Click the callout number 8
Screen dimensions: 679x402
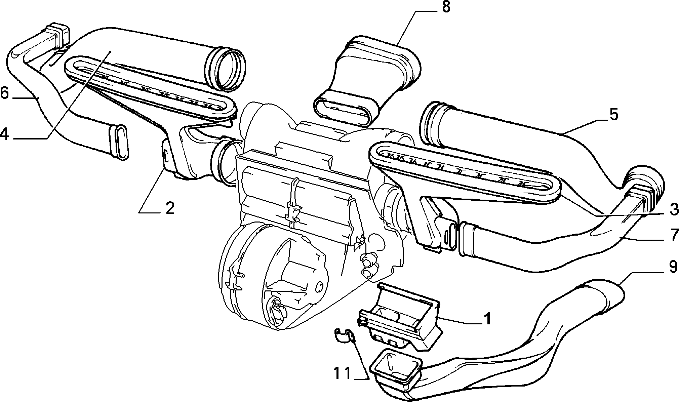(446, 7)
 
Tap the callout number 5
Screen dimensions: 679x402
(613, 115)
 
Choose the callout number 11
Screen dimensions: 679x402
(343, 373)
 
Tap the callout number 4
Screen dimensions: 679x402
(4, 134)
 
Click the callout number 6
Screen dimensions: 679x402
(4, 93)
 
